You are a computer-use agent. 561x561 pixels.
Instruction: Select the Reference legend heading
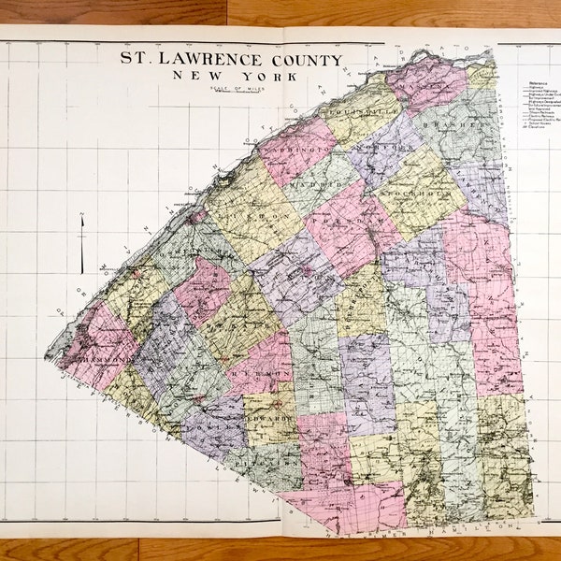(530, 81)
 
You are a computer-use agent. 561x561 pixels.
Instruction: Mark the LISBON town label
(245, 215)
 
